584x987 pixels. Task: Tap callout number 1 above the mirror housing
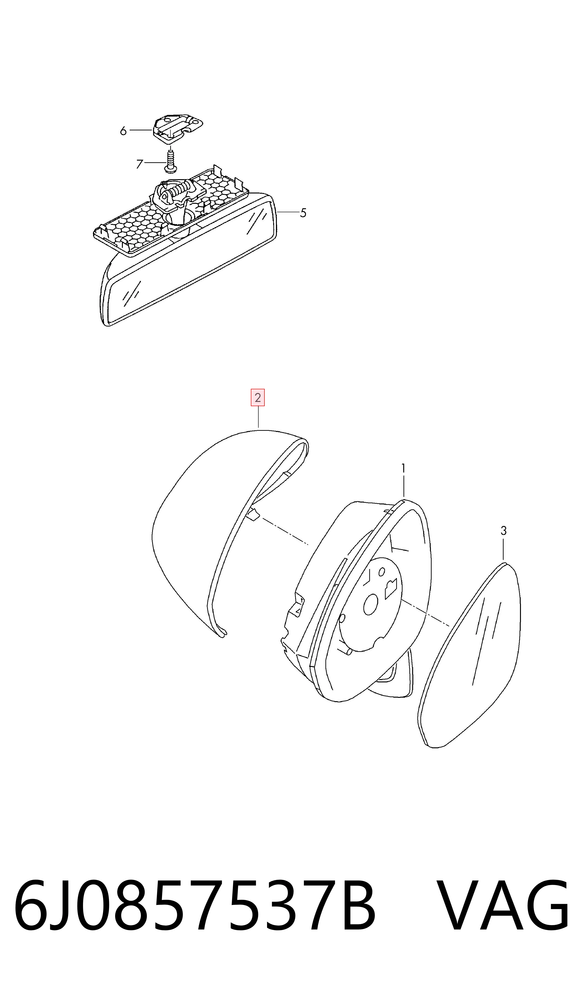(x=403, y=468)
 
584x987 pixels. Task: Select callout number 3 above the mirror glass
(x=503, y=531)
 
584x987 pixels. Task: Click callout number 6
(x=123, y=131)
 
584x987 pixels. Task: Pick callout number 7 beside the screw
(x=139, y=164)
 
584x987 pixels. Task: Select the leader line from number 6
(x=140, y=130)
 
